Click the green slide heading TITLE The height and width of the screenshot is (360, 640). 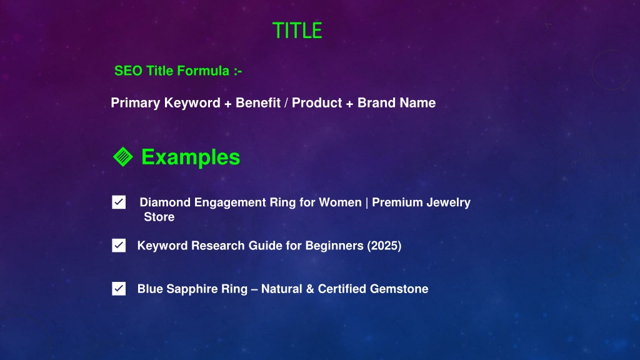point(297,31)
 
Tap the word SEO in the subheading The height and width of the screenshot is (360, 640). point(128,71)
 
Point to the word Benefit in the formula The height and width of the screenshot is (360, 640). point(258,103)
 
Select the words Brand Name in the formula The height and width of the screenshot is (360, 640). point(396,103)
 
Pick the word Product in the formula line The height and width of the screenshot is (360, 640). point(317,103)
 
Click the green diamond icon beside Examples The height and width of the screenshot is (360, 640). point(123,157)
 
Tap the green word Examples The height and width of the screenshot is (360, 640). point(191,157)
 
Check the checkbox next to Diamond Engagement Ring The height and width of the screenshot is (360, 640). point(119,202)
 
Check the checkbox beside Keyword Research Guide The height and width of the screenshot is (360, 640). point(119,245)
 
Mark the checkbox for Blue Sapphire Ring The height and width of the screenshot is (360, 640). point(119,289)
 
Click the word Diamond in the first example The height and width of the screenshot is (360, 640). point(165,202)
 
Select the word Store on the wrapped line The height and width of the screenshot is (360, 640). point(159,217)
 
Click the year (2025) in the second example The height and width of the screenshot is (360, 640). point(384,246)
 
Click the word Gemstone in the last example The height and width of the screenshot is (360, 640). point(399,289)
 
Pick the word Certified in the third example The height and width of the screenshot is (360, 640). point(342,289)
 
